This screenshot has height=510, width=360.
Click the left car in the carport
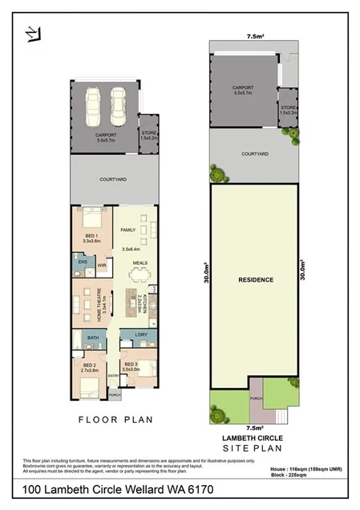(95, 103)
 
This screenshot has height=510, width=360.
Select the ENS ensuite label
(82, 261)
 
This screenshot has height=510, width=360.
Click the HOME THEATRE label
(102, 302)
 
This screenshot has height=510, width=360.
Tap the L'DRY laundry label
(140, 334)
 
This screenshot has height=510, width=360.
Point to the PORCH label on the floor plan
(114, 395)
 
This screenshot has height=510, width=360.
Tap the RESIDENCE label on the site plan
(257, 280)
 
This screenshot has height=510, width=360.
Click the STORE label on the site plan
(288, 107)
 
